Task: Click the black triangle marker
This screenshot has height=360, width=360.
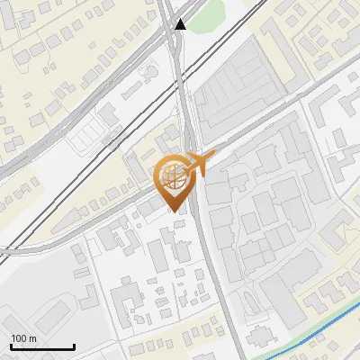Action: (181, 24)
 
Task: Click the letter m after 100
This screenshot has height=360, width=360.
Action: (33, 338)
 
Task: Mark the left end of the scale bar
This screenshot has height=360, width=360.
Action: (11, 346)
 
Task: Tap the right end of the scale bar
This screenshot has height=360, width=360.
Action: (74, 346)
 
